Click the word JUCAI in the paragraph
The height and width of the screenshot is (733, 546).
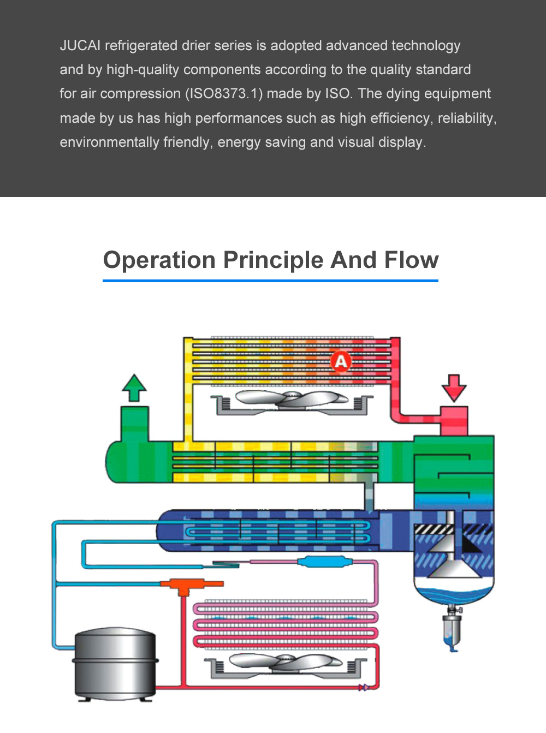80,45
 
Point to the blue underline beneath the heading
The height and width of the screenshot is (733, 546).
270,281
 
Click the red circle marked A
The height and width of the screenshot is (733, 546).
341,361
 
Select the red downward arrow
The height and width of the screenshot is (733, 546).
454,387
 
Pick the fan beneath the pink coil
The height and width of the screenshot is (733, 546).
285,663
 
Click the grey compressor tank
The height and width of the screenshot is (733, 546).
115,663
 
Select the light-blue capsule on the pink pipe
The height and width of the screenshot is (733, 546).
323,562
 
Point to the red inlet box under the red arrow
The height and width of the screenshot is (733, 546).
454,420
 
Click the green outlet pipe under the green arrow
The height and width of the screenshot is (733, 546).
134,423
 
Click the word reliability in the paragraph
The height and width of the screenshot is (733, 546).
466,118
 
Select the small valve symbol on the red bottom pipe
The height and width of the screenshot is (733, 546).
363,688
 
